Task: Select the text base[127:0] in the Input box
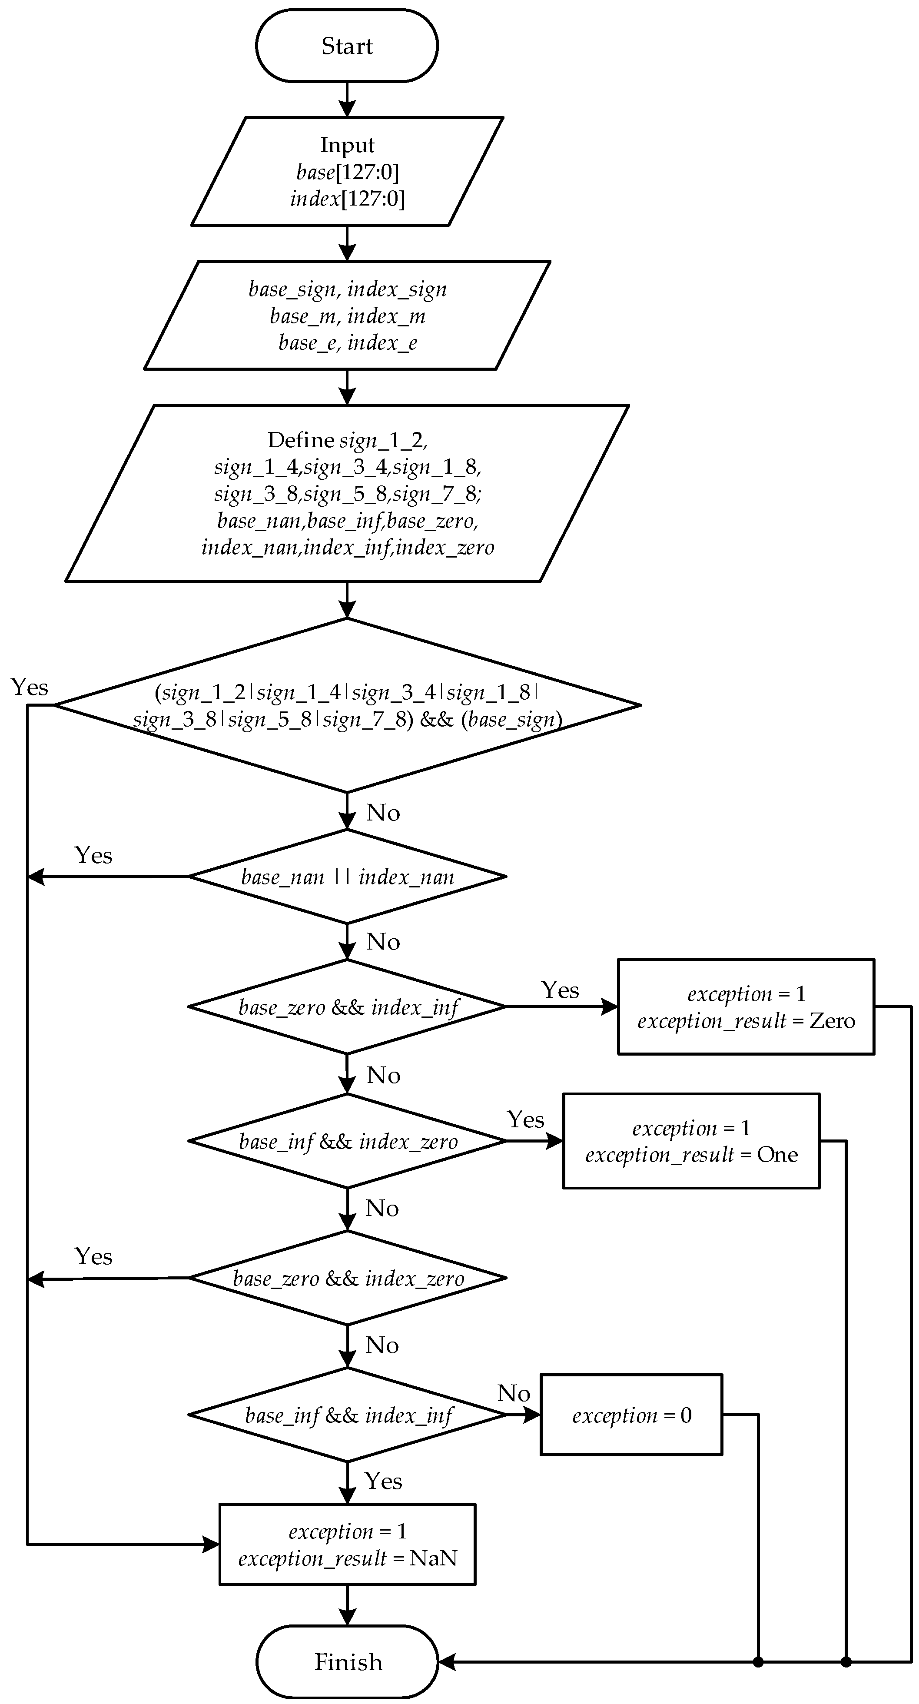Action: (x=347, y=172)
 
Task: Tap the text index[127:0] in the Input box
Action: (x=347, y=199)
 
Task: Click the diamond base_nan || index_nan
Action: (x=347, y=877)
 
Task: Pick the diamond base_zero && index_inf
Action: (x=347, y=1007)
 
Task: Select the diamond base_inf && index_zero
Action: (x=347, y=1142)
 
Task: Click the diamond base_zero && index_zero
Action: (x=347, y=1279)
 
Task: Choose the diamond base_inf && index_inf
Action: (x=347, y=1415)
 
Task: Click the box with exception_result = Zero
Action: (x=746, y=1007)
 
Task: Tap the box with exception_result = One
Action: (x=691, y=1142)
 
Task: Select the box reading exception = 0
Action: (x=631, y=1415)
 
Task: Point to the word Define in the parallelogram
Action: (x=301, y=440)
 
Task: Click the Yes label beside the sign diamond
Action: (x=30, y=687)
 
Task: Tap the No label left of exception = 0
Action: (x=514, y=1393)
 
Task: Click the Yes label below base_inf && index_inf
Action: (x=384, y=1481)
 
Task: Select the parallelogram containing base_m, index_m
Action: (x=347, y=316)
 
